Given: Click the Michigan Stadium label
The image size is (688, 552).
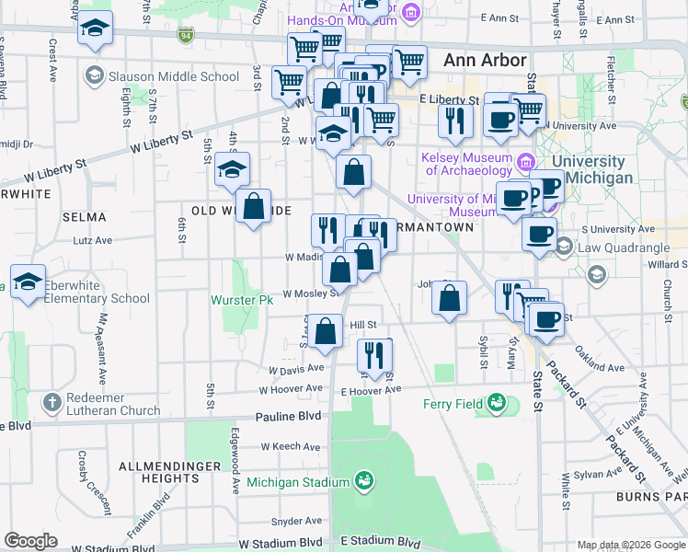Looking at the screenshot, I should point(302,483).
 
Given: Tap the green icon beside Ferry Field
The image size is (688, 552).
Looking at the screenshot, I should point(497,402).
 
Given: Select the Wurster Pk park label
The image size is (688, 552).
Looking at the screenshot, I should point(242,300).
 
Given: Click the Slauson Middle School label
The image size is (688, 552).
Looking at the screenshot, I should point(174,76).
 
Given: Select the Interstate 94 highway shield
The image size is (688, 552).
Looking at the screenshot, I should point(185,35).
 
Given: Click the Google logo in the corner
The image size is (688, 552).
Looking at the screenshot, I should point(30,541).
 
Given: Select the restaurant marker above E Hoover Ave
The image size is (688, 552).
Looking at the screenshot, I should point(374,356).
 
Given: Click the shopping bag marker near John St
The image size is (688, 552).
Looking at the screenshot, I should point(448,299).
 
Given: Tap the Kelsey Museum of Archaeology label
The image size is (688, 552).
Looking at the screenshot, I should point(467,164).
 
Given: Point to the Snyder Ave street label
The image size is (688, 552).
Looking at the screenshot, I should point(295,521).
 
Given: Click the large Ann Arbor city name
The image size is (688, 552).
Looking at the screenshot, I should point(485,60).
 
